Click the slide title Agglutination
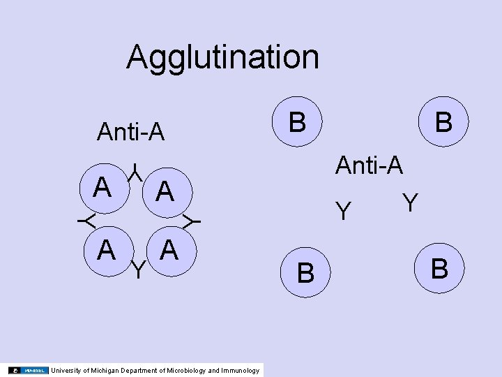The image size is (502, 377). (222, 57)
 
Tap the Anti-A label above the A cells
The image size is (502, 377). (131, 131)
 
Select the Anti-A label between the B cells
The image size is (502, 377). (369, 165)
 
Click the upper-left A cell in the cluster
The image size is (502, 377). (104, 187)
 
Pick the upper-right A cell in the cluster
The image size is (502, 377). (165, 191)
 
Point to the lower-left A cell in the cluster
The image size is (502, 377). (106, 249)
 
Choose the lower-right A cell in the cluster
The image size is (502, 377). (169, 249)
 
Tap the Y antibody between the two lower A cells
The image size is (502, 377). (138, 269)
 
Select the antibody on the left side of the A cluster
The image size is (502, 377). (86, 221)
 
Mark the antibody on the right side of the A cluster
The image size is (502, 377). (191, 221)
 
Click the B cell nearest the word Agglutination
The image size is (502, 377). (297, 122)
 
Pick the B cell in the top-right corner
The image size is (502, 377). (442, 122)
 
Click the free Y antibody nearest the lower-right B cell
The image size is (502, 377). (411, 202)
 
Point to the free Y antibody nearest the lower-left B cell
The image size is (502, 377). (342, 211)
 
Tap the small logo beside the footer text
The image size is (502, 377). (29, 370)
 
